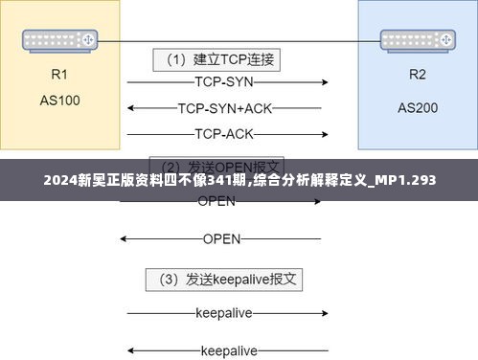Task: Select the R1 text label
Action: [59, 75]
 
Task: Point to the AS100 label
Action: [59, 99]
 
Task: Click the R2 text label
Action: [417, 75]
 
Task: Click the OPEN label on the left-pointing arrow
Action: [221, 238]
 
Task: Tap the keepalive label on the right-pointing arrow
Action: [222, 312]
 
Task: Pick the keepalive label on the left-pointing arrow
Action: [222, 350]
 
